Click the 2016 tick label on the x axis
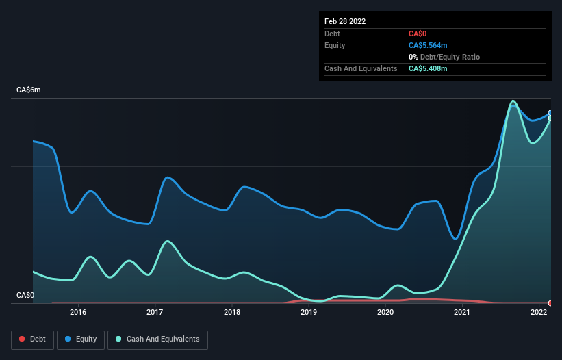tap(78, 313)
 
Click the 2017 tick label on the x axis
tap(155, 313)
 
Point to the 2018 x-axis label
tap(232, 313)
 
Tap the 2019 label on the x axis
tap(309, 313)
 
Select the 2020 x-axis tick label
tap(385, 313)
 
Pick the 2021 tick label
tap(462, 313)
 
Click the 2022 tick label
tap(539, 313)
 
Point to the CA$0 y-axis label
tap(25, 295)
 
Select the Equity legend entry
tap(81, 339)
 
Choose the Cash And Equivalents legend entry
tap(157, 339)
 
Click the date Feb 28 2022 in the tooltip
tap(345, 21)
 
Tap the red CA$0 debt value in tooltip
tap(418, 34)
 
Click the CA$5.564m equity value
tap(428, 45)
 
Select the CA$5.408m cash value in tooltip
tap(428, 68)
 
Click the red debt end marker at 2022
tap(550, 303)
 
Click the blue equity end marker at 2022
tap(550, 113)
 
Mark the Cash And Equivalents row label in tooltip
tap(361, 68)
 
